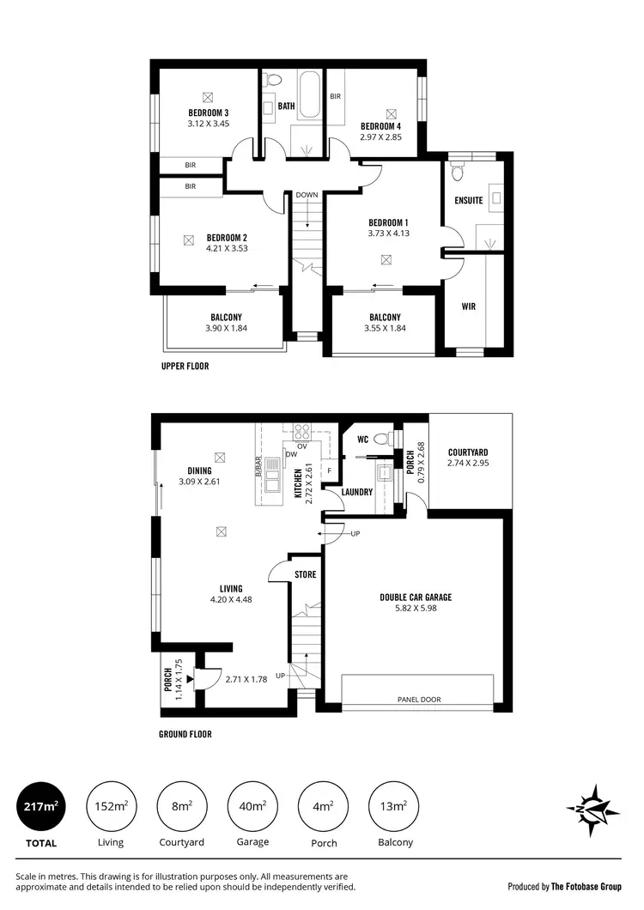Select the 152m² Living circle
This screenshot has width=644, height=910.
click(x=111, y=806)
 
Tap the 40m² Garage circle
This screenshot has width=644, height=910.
click(x=252, y=806)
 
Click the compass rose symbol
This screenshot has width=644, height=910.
click(x=592, y=810)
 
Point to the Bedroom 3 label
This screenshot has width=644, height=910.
click(x=208, y=112)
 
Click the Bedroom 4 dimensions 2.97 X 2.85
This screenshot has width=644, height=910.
click(x=380, y=137)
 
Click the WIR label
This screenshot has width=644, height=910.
click(x=469, y=306)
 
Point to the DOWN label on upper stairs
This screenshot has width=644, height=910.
click(x=307, y=195)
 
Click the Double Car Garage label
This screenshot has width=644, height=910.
click(x=416, y=598)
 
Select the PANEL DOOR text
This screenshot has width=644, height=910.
click(x=418, y=700)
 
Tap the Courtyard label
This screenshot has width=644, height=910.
click(x=468, y=452)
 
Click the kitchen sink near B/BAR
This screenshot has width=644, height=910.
click(x=272, y=476)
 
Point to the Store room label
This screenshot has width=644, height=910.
click(x=305, y=574)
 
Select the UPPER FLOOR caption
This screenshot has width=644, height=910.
click(x=185, y=366)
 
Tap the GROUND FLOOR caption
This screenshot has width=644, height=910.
click(x=185, y=734)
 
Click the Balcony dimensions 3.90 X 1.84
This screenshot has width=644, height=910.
click(x=226, y=328)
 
